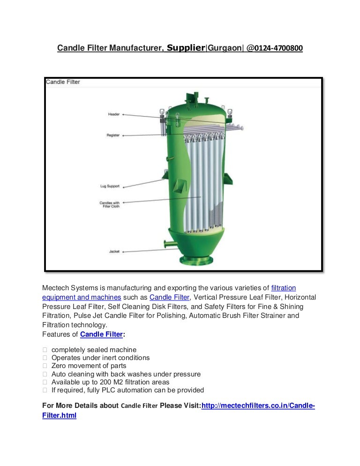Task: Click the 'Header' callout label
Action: click(113, 114)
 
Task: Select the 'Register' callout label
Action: click(113, 135)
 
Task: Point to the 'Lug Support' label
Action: click(110, 186)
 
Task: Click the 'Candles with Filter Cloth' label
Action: click(109, 205)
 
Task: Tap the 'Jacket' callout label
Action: click(114, 251)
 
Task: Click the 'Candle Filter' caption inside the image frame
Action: click(63, 82)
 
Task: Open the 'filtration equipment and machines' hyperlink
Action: click(82, 297)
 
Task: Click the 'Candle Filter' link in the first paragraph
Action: click(169, 297)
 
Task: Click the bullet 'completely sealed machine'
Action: click(94, 350)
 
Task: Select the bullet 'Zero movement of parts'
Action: click(89, 366)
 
